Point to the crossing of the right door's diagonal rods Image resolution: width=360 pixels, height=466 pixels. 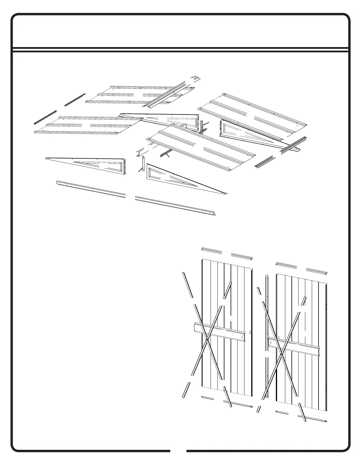tap(281, 355)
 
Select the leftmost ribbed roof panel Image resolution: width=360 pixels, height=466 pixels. tap(85, 125)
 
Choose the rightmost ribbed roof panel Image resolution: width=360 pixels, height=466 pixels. tap(253, 115)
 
